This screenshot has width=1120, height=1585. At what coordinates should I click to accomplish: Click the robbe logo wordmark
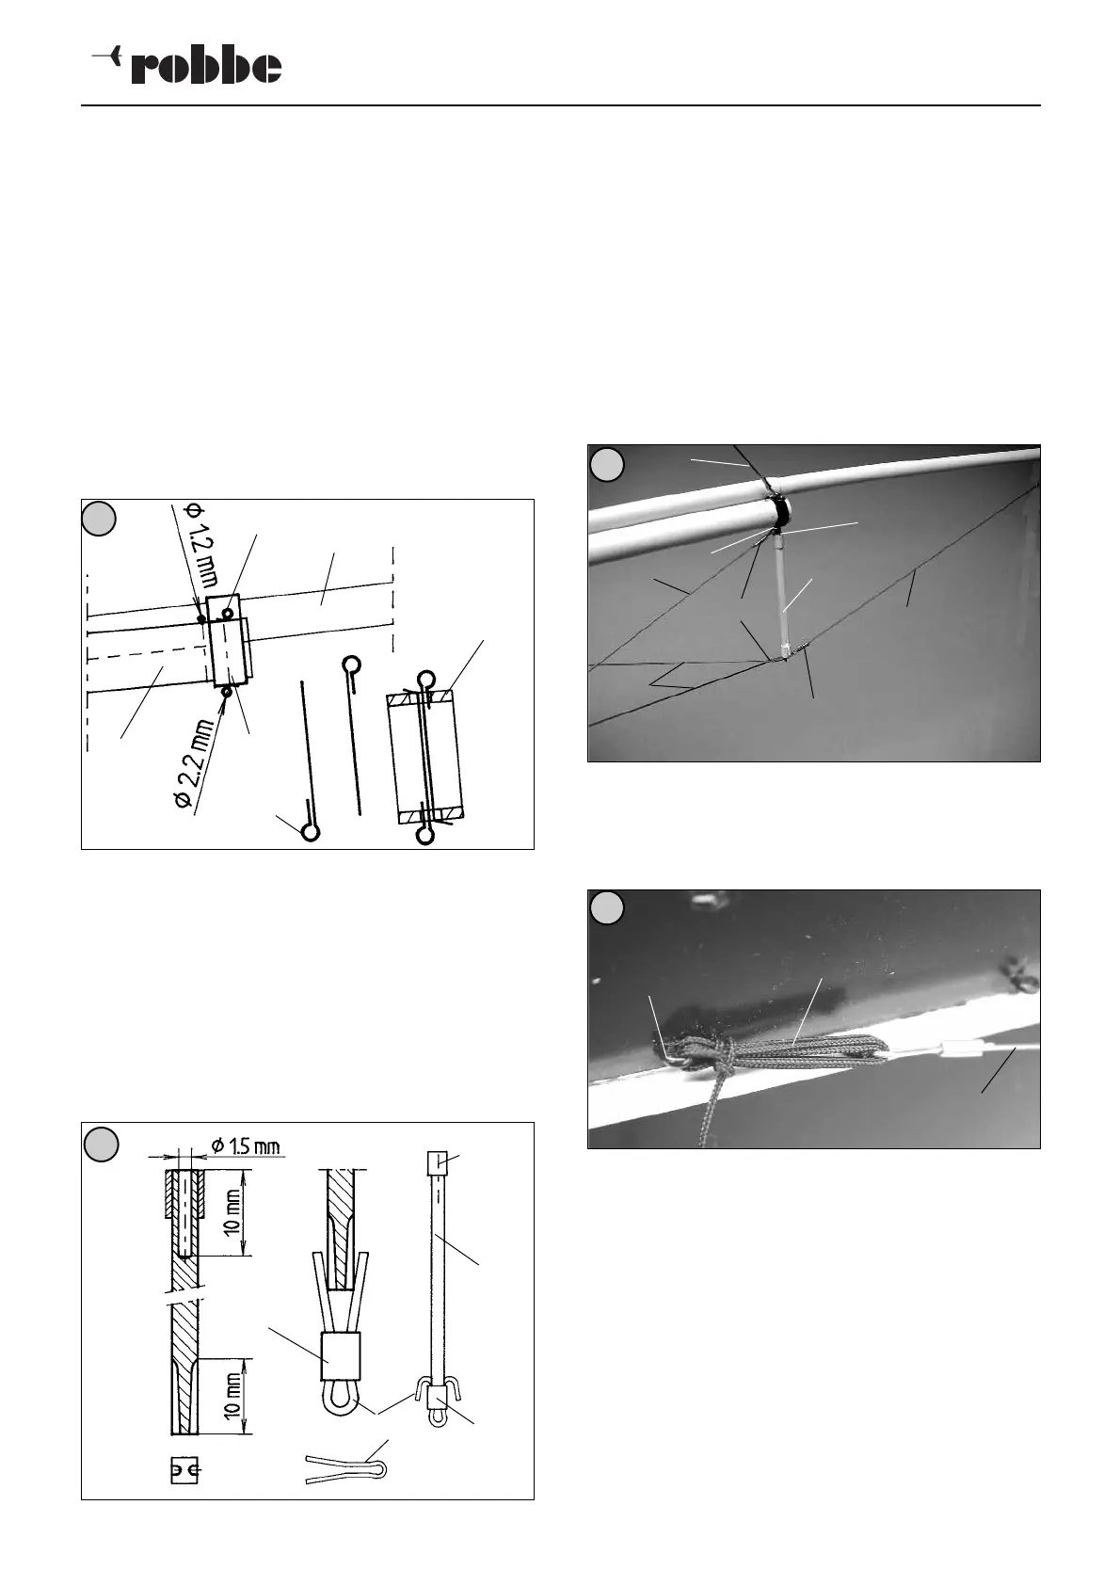[x=206, y=67]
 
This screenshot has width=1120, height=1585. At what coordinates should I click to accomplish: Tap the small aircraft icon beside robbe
[x=106, y=57]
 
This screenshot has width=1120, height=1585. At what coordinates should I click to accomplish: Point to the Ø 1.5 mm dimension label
[x=242, y=1145]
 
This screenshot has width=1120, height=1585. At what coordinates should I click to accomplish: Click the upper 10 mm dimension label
[x=232, y=1211]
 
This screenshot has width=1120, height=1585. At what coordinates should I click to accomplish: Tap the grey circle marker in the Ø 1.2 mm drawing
[x=99, y=518]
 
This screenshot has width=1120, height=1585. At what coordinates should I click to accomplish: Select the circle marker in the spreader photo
[x=606, y=463]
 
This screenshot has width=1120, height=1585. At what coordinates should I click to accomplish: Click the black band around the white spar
[x=780, y=512]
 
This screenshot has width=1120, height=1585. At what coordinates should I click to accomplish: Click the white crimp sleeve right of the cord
[x=958, y=1045]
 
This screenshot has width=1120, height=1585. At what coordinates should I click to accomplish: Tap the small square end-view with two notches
[x=184, y=1470]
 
